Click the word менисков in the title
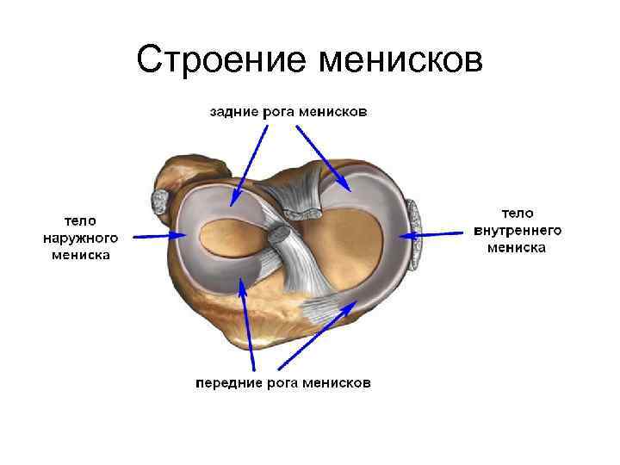pyautogui.click(x=400, y=59)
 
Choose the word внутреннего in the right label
pyautogui.click(x=518, y=230)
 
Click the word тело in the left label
pyautogui.click(x=79, y=220)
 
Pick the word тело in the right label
pyautogui.click(x=518, y=213)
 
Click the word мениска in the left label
pyautogui.click(x=79, y=255)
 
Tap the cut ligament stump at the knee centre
pyautogui.click(x=279, y=234)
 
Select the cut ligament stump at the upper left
pyautogui.click(x=161, y=201)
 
